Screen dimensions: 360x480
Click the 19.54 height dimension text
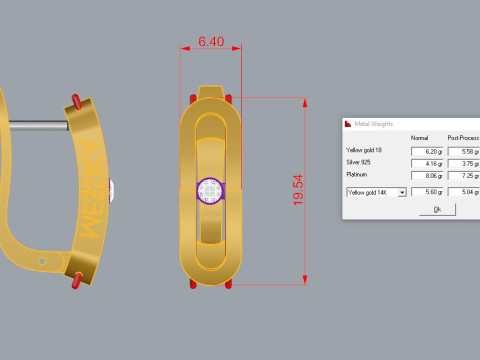pos(297,190)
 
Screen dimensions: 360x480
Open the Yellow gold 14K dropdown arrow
pos(402,191)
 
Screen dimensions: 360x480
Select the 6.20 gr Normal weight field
pos(427,149)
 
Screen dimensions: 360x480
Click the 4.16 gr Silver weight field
pos(427,162)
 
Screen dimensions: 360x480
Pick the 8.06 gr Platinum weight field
pos(427,175)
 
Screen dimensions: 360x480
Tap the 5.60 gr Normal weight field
pos(427,191)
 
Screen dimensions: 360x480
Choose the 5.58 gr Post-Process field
pos(464,149)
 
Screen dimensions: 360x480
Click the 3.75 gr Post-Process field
pos(464,162)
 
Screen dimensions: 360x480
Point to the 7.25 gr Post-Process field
pos(464,175)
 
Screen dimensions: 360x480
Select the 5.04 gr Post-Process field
pos(464,191)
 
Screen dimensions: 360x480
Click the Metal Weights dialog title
pos(376,124)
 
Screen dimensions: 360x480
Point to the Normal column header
pos(420,137)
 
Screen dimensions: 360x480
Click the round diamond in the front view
pos(211,189)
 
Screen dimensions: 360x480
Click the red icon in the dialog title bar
pos(349,124)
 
